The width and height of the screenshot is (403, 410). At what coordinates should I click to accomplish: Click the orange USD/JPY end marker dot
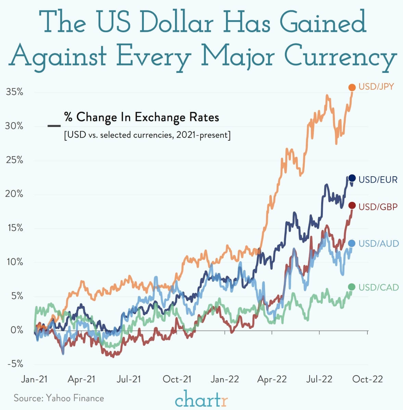pos(352,88)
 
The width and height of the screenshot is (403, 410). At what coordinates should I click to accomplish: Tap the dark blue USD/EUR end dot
pos(352,178)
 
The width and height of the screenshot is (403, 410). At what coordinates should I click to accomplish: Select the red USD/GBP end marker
pos(352,205)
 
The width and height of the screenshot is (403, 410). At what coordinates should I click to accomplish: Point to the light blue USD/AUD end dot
pos(352,243)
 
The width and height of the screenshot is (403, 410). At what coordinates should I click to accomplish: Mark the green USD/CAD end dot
pos(352,287)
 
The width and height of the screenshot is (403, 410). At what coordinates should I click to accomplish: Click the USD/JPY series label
pos(376,87)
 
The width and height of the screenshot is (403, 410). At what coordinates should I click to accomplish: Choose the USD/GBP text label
pos(378,206)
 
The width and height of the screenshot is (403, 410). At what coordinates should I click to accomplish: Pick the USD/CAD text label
pos(378,287)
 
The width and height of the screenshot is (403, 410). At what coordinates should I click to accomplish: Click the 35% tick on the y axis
pos(14,92)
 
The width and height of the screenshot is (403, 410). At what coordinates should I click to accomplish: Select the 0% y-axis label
pos(16,330)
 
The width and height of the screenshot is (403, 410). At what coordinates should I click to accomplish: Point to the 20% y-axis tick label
pos(14,194)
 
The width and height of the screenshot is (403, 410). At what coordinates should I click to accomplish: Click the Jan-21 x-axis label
pos(34,379)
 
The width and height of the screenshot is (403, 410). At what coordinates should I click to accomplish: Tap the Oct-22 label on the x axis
pos(367,379)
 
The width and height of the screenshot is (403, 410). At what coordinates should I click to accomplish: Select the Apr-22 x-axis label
pos(272,379)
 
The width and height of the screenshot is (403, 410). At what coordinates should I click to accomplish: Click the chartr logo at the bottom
pos(201,399)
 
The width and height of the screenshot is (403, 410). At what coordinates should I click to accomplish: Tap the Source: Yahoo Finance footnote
pos(59,398)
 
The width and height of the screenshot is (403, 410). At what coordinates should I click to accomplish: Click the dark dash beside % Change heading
pos(54,126)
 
